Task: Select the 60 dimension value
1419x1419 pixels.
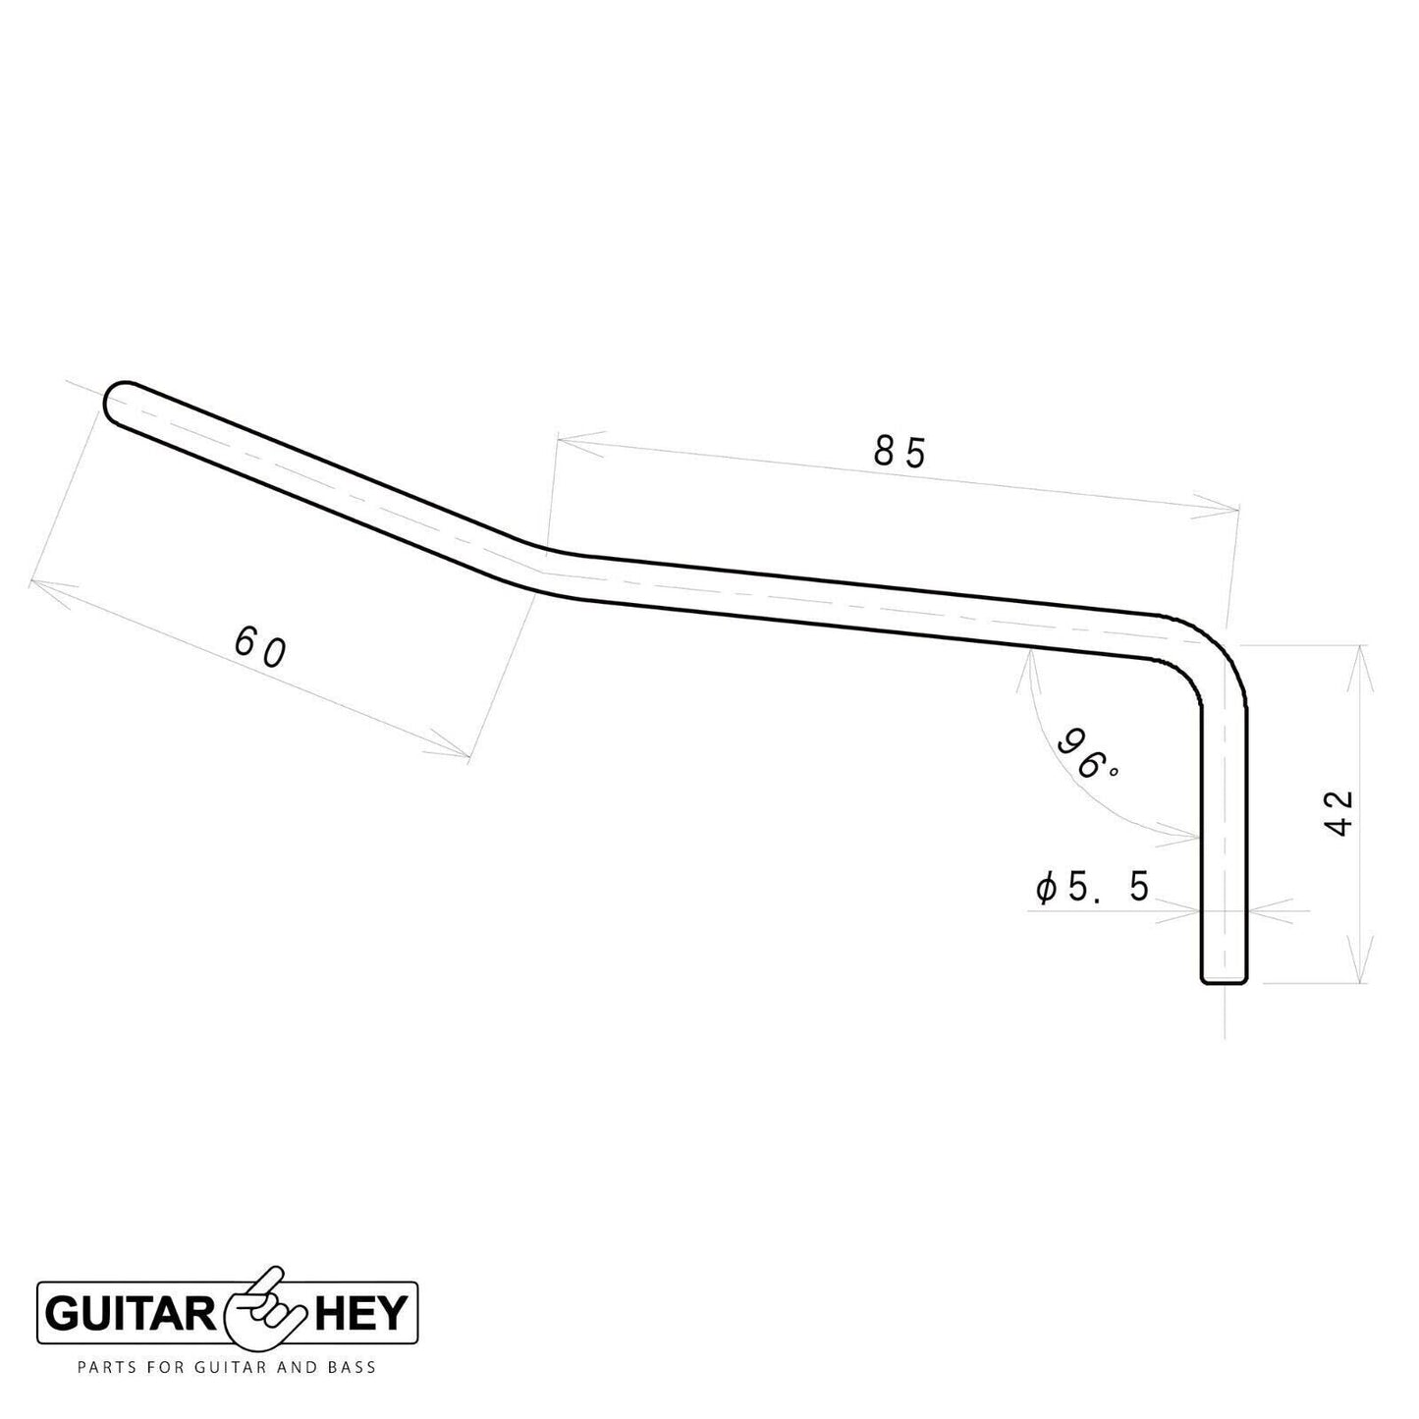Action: [x=261, y=648]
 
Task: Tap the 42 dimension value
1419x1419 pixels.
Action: [x=1339, y=813]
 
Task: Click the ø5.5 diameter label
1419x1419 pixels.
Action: [x=1092, y=889]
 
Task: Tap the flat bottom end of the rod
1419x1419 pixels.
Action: [x=1225, y=979]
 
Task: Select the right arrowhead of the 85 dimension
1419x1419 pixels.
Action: [x=1224, y=508]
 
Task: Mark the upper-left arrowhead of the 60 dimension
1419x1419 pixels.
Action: [x=44, y=585]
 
